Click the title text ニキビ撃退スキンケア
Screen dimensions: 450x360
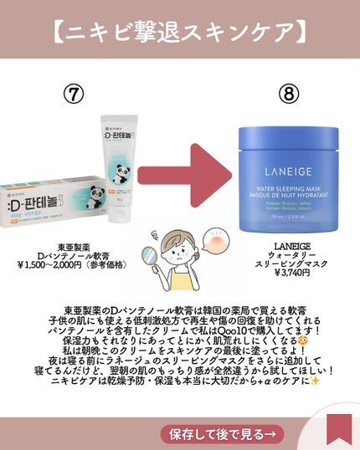pos(179,34)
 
